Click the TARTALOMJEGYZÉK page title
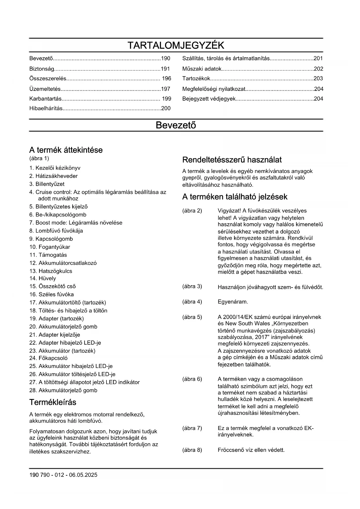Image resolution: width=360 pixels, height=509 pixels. point(176,45)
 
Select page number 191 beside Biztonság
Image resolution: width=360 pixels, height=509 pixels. point(165,69)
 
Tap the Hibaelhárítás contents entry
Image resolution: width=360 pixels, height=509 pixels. point(46,109)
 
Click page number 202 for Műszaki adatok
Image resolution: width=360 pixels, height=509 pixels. point(318,69)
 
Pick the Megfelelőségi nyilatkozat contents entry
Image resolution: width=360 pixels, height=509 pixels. point(214,89)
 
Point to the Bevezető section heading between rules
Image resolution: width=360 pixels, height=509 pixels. point(176,125)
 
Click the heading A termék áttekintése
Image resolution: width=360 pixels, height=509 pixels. point(66,150)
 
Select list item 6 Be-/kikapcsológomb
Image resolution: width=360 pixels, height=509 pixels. point(58,215)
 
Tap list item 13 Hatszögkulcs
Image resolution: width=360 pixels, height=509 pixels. point(51,271)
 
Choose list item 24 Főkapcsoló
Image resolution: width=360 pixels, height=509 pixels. point(48,358)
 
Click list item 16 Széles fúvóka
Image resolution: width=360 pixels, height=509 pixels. point(52,294)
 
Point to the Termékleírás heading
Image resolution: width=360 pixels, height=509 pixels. point(53,402)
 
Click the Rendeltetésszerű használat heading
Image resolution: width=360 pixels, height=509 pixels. point(232,160)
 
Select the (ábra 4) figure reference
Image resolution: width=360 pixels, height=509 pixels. point(192,302)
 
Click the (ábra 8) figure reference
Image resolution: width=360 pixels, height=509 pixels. point(192,450)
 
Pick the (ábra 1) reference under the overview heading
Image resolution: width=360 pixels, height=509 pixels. point(39,158)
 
